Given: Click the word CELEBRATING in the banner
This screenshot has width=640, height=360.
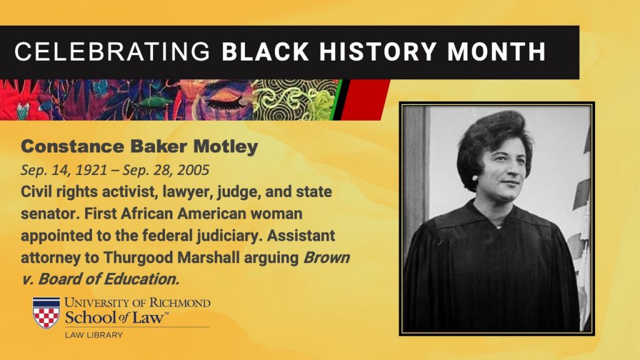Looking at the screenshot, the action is [112, 52].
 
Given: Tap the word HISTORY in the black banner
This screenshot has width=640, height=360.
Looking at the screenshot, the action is [378, 52].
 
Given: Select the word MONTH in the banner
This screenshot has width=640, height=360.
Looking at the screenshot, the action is [496, 52].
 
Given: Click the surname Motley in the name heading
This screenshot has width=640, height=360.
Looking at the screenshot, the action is [225, 147].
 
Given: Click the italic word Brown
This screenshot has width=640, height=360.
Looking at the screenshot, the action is [326, 258].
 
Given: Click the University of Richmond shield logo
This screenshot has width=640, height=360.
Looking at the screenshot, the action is [46, 313].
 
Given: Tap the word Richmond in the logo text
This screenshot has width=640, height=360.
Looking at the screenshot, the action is [180, 303].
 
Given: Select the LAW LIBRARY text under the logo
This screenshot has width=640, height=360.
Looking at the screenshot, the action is [94, 335].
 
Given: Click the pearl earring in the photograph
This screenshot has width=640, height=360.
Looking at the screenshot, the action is [475, 177].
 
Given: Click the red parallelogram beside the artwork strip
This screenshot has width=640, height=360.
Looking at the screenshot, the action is [365, 100].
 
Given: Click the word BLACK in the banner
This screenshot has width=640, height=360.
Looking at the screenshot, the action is [265, 52].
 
